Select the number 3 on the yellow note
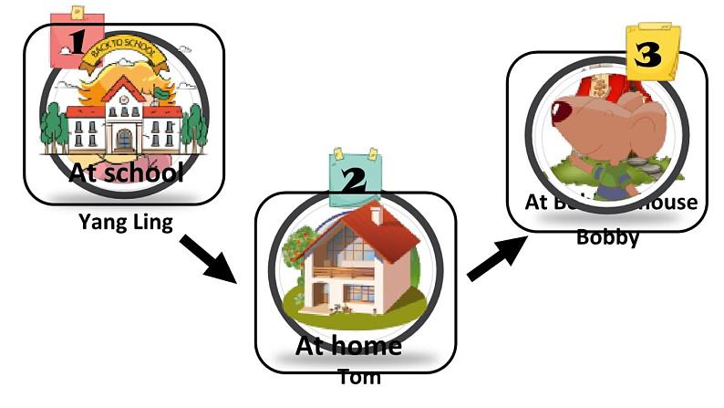click(648, 55)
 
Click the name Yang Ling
click(125, 221)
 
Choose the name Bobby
click(607, 237)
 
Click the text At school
click(126, 172)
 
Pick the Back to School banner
click(124, 61)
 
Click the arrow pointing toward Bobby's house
click(495, 259)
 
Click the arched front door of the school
click(124, 138)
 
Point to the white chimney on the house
click(375, 214)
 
